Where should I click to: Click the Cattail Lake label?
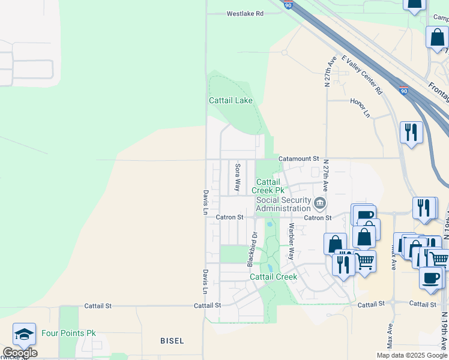click(231, 100)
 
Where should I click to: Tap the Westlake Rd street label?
click(245, 13)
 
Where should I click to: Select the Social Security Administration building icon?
click(321, 203)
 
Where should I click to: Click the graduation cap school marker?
click(24, 335)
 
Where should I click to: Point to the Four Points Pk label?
click(68, 333)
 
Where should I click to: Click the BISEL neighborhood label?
click(172, 341)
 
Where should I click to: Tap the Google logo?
click(20, 353)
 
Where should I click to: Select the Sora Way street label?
click(238, 177)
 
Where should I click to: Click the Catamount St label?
click(299, 158)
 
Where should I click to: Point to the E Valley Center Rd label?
click(361, 75)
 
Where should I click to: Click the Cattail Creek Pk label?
click(268, 186)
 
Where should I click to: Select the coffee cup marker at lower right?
click(430, 277)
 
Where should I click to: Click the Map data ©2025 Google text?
click(412, 355)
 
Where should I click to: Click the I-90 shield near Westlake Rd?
click(289, 5)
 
